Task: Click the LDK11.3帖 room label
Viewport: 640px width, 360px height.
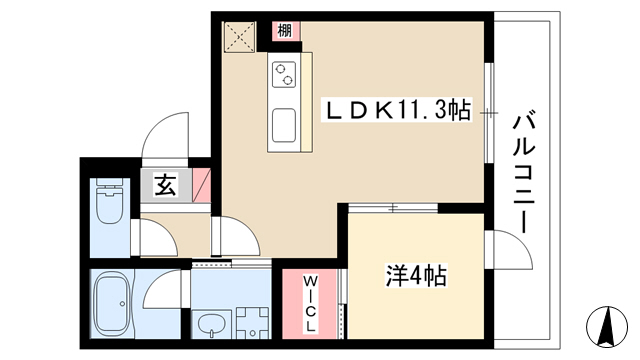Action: [x=398, y=109]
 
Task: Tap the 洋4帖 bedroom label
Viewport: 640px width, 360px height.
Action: [x=416, y=276]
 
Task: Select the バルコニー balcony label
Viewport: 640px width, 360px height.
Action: [x=524, y=173]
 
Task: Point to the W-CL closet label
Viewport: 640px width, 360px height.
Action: [x=311, y=303]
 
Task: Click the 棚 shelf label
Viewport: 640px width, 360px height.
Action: [x=284, y=30]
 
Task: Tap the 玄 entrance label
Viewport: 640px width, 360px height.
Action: [x=165, y=185]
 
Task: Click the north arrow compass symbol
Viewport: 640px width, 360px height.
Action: [x=607, y=326]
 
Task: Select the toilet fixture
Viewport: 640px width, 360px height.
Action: [x=109, y=200]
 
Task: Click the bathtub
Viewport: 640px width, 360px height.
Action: [x=111, y=303]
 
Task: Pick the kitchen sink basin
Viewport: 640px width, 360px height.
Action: [x=284, y=125]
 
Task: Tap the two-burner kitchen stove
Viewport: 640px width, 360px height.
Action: [x=284, y=74]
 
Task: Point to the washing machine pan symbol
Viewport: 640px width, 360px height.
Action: [x=253, y=323]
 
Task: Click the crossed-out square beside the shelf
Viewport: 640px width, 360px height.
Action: [x=240, y=37]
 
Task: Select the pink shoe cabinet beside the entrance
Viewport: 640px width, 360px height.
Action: [x=202, y=185]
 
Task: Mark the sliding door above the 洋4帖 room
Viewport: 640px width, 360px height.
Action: [x=393, y=208]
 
